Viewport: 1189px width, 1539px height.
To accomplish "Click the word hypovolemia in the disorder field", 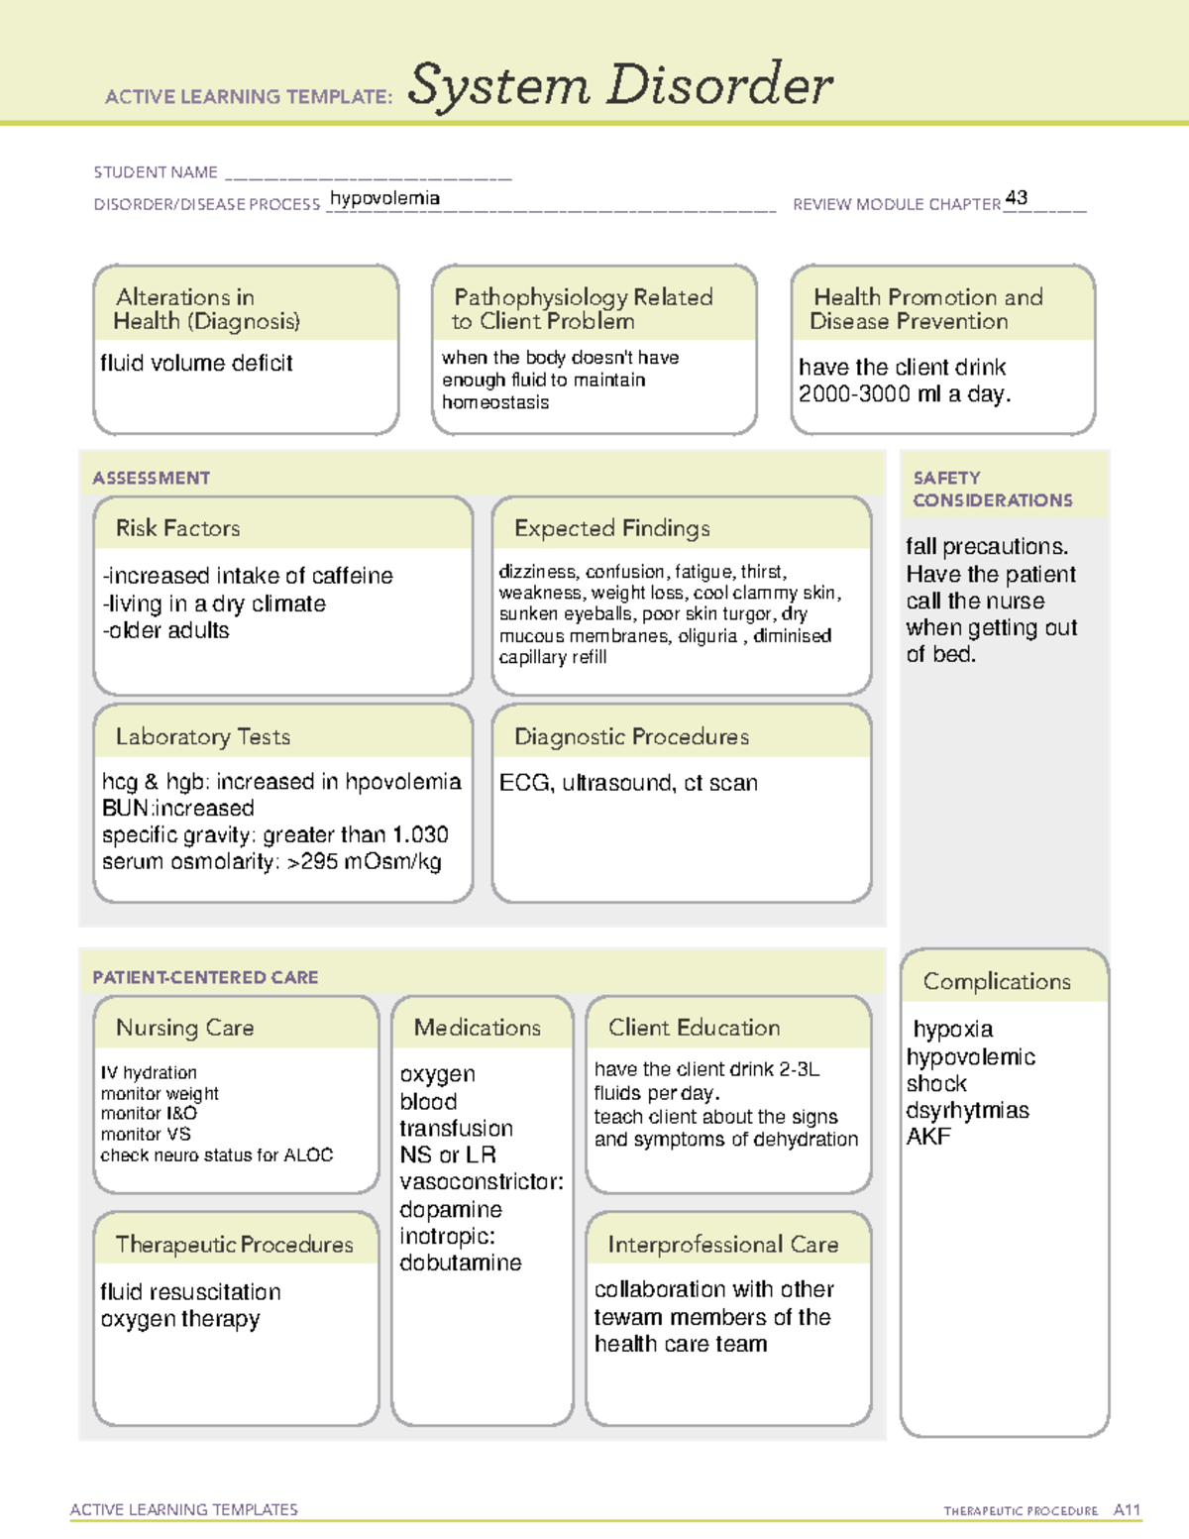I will click(384, 198).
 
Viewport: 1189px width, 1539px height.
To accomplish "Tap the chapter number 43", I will click(1016, 197).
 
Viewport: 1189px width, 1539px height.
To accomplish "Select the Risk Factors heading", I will click(177, 528).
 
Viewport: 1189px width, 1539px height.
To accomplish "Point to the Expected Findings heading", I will click(611, 528).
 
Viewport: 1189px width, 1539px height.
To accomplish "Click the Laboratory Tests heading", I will click(202, 736).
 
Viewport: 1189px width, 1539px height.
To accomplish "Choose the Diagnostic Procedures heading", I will click(631, 736).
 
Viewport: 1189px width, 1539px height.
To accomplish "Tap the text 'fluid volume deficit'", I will click(196, 363).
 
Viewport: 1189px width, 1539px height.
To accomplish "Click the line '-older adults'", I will click(165, 630).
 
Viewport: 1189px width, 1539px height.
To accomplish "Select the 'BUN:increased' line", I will click(178, 808).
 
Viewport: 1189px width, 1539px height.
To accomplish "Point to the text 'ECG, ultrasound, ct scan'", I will click(628, 783).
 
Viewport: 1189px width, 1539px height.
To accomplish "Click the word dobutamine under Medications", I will click(460, 1263).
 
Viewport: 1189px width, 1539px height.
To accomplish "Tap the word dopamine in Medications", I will click(451, 1209).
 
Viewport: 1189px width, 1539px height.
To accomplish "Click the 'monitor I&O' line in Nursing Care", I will click(149, 1113).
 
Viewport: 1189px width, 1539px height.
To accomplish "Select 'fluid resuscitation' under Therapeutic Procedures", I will click(190, 1292).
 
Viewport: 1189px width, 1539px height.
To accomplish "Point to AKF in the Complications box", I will click(928, 1137).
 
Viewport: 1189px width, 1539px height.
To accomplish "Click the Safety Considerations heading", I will click(992, 489).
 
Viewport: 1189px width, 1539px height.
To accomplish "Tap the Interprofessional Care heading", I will click(722, 1244).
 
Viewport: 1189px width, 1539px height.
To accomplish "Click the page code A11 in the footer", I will click(1127, 1509).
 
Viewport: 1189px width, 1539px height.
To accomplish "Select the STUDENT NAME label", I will click(156, 172).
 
